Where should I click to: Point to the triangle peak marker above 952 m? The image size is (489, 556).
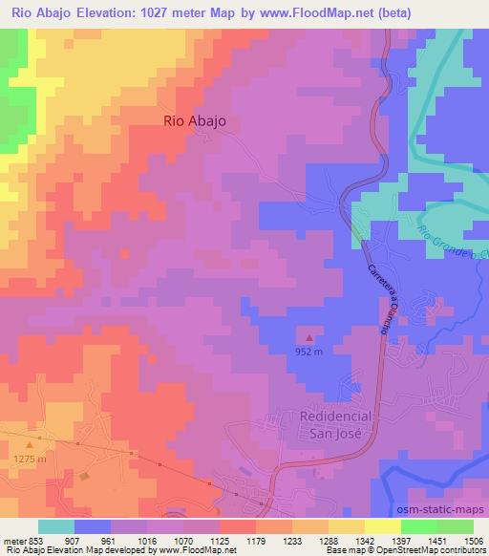(x=308, y=337)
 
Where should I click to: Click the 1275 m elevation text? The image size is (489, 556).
(x=31, y=460)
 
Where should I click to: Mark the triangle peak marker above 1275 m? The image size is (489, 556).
(x=31, y=444)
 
